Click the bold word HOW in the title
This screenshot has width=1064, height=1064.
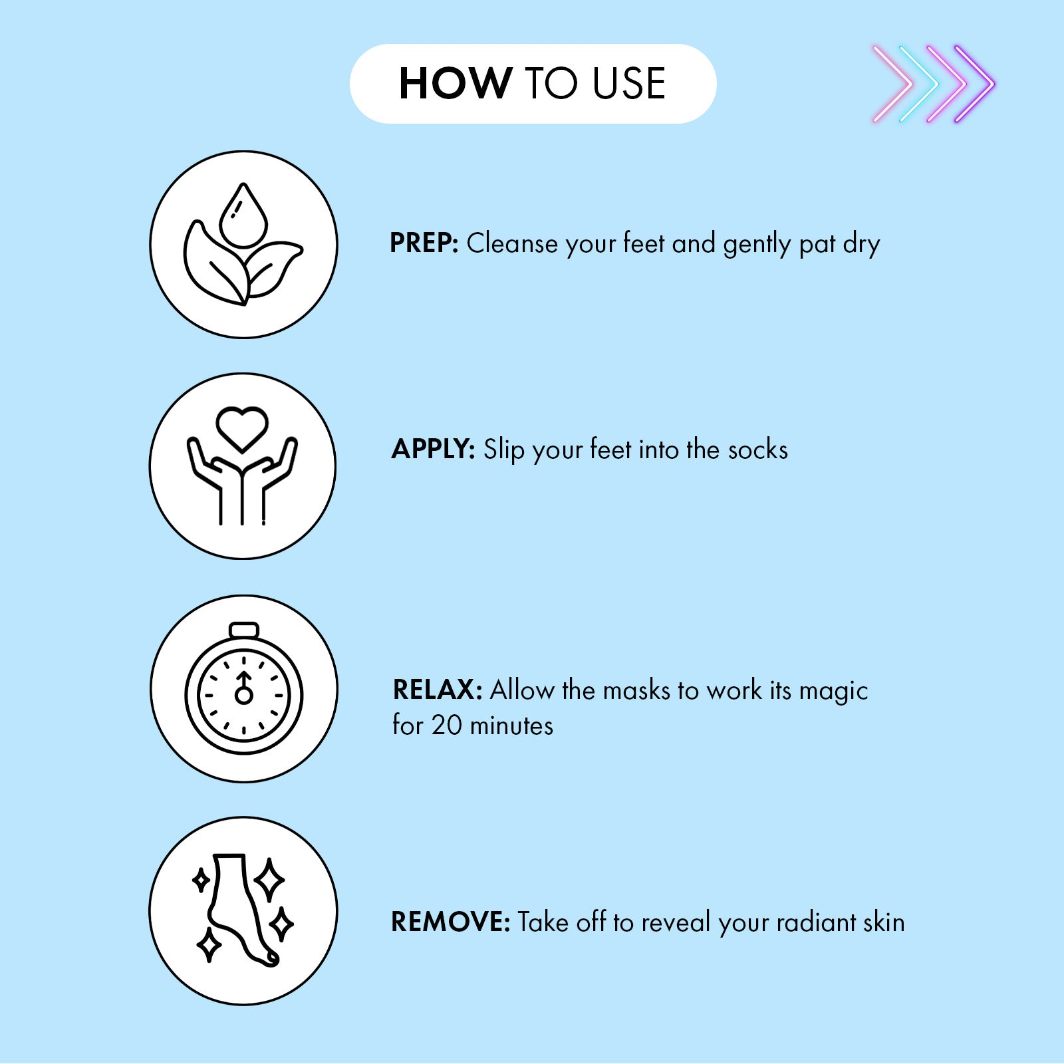(x=456, y=84)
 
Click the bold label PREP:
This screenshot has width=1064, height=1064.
(x=424, y=243)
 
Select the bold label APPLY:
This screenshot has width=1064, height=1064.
(x=433, y=450)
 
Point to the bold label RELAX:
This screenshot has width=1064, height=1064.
(x=438, y=690)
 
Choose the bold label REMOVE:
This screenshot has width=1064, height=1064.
(x=451, y=922)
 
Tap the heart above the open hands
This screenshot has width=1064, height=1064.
(x=242, y=429)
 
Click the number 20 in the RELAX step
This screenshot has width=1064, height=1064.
(x=446, y=726)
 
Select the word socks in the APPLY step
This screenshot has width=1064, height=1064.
(x=758, y=450)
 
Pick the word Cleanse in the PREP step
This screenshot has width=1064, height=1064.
(x=513, y=244)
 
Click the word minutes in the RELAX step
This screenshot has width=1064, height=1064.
(x=511, y=726)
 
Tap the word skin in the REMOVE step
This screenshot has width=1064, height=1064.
(x=884, y=923)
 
